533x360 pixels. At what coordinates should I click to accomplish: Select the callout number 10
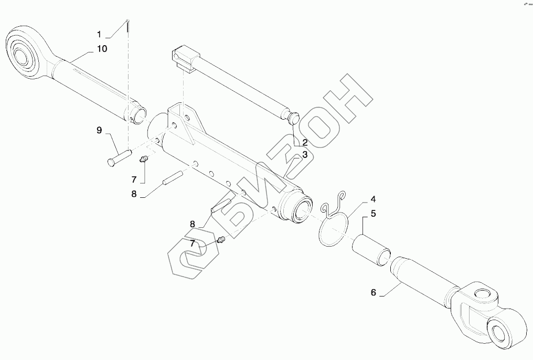tap(101, 49)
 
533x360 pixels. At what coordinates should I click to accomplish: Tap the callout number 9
tap(99, 130)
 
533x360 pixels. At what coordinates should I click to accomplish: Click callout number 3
tap(304, 155)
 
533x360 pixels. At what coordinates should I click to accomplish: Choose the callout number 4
tap(373, 199)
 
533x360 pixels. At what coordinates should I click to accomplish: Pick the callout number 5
tap(373, 214)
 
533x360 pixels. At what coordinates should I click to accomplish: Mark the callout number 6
tap(373, 292)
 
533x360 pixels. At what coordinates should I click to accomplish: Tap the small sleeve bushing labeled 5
tap(370, 247)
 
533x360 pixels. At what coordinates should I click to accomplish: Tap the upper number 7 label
tap(134, 179)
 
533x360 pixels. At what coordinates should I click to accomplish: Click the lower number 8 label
tap(193, 224)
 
